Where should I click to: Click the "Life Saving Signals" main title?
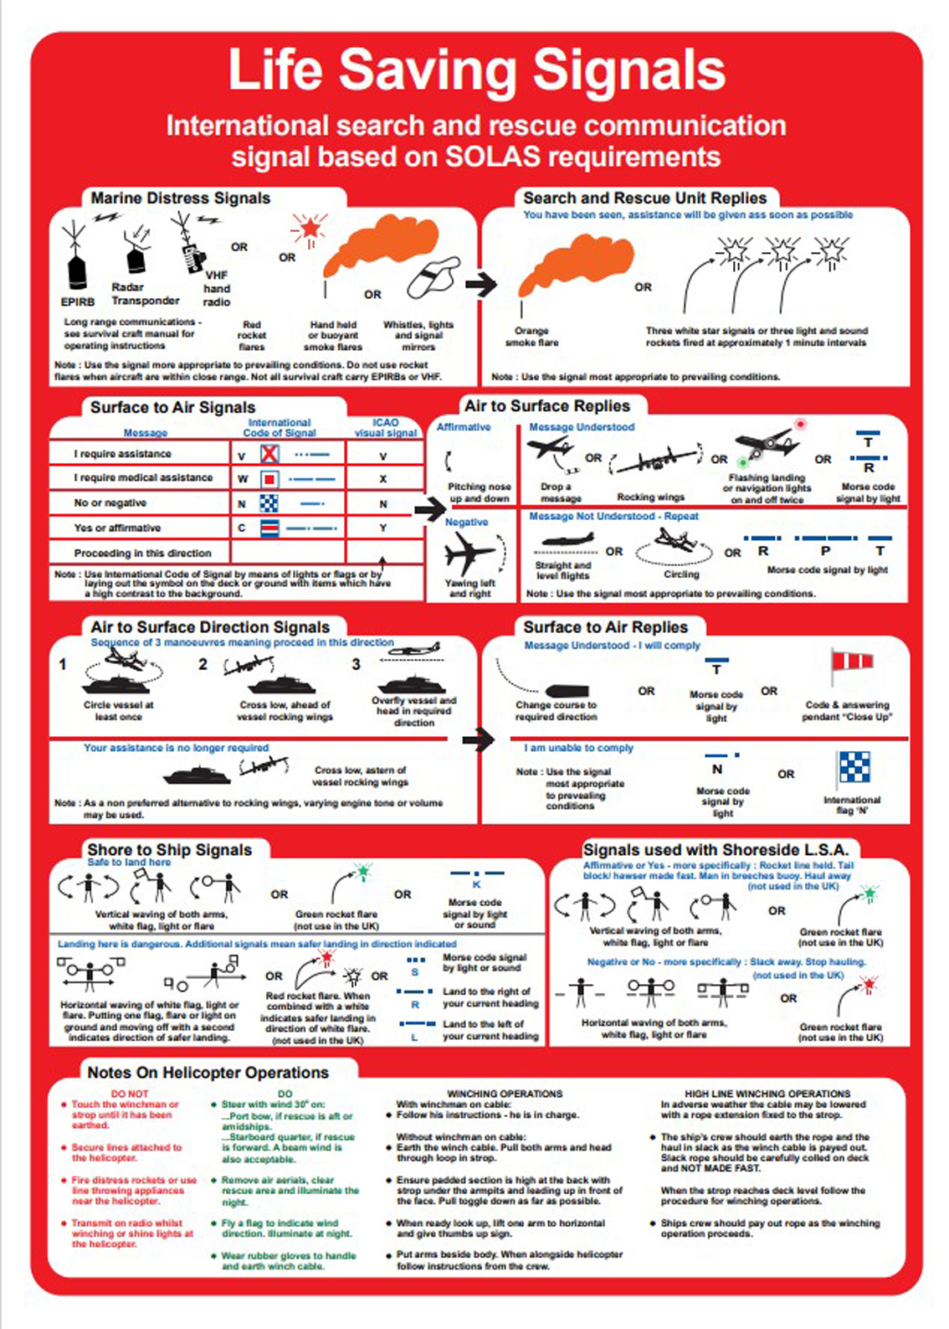[x=476, y=70]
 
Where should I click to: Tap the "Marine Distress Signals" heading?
[x=180, y=198]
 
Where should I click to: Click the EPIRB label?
[x=77, y=301]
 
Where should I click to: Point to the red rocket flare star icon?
[x=310, y=226]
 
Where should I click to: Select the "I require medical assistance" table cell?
[x=143, y=477]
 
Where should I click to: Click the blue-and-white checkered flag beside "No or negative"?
[x=269, y=503]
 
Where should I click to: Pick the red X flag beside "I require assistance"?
[x=269, y=454]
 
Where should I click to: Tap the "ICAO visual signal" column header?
[x=385, y=428]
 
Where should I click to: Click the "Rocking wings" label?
[x=650, y=497]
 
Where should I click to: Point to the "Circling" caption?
[x=681, y=574]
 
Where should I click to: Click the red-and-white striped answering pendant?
[x=852, y=662]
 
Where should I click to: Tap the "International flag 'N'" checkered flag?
[x=854, y=767]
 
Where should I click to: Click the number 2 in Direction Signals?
[x=203, y=664]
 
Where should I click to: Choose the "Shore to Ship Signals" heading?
[x=169, y=850]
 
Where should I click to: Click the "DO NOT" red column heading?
[x=130, y=1094]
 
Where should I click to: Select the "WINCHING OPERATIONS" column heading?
[x=505, y=1094]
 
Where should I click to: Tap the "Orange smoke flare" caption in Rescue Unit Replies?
[x=531, y=336]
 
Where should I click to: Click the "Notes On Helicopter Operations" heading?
[x=208, y=1073]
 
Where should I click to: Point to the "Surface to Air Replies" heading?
[x=605, y=627]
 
